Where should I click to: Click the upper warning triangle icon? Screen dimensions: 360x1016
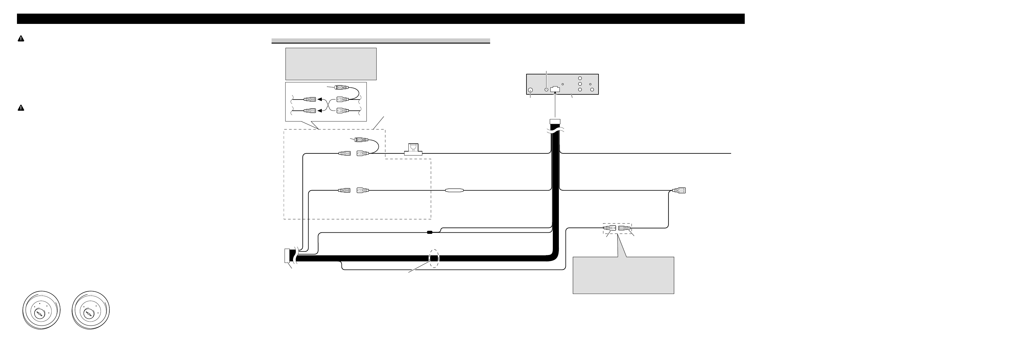point(21,39)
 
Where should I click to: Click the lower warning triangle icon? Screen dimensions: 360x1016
point(21,108)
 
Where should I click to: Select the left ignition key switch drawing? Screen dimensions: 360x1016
point(41,311)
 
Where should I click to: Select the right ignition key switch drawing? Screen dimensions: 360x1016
point(91,311)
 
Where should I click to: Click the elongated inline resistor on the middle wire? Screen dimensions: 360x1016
point(455,191)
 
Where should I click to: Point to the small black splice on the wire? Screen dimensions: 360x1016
point(430,233)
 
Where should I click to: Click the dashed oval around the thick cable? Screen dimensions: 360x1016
point(434,258)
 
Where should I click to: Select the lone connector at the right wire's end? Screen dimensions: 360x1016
point(679,191)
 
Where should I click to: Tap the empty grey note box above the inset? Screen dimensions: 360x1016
point(331,64)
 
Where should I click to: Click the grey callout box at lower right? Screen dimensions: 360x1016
point(623,275)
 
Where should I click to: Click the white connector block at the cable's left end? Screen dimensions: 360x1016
point(287,255)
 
